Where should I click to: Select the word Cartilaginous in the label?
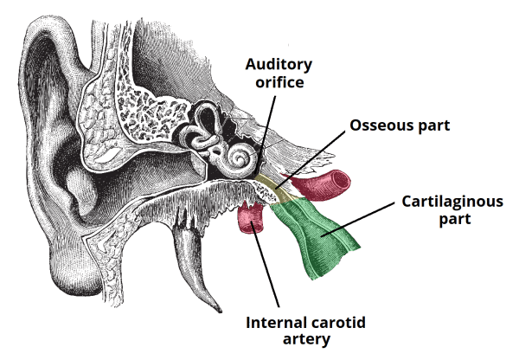pos(452,202)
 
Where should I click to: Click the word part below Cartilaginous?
pos(452,219)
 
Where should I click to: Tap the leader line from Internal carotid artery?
pos(268,268)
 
